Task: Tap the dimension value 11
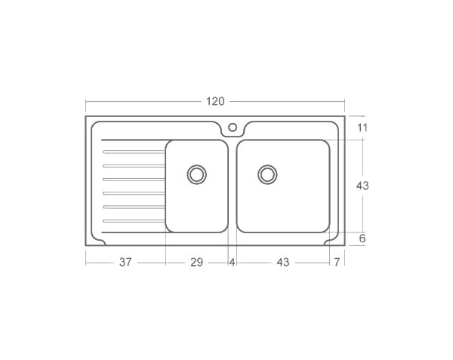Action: pyautogui.click(x=362, y=128)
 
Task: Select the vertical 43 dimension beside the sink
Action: pyautogui.click(x=362, y=186)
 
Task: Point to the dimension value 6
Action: pyautogui.click(x=362, y=238)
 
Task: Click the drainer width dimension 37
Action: pyautogui.click(x=125, y=263)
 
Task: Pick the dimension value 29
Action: pyautogui.click(x=196, y=263)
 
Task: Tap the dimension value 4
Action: pyautogui.click(x=232, y=263)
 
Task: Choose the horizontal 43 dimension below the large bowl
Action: pyautogui.click(x=282, y=263)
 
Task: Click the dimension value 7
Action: pyautogui.click(x=337, y=263)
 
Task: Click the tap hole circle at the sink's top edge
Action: pyautogui.click(x=233, y=127)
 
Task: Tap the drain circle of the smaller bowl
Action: pyautogui.click(x=196, y=174)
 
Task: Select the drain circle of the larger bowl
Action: pyautogui.click(x=267, y=174)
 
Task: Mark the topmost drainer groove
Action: pyautogui.click(x=133, y=152)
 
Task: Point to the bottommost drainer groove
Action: pyautogui.click(x=133, y=220)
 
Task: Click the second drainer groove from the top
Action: pyautogui.click(x=133, y=165)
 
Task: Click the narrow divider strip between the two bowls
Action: pyautogui.click(x=232, y=186)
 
